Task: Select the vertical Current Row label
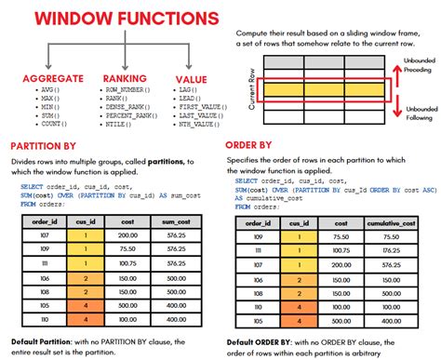[253, 90]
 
